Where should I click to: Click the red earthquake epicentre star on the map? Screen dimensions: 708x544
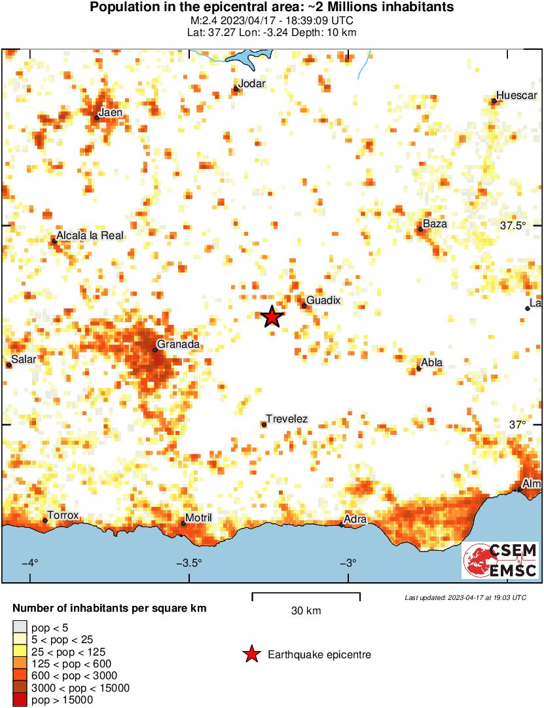[x=272, y=317]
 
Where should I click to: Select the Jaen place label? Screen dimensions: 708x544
[x=111, y=112]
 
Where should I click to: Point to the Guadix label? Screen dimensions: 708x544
[x=323, y=300]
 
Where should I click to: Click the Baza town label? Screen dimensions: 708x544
[x=435, y=224]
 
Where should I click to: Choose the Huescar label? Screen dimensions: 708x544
[x=517, y=95]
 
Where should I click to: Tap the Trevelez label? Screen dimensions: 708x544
[x=287, y=419]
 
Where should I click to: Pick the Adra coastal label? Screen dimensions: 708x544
[x=355, y=520]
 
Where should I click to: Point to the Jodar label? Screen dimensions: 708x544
[x=252, y=83]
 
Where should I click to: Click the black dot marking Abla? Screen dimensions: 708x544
[x=419, y=368]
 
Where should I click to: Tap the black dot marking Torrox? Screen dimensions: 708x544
[x=45, y=521]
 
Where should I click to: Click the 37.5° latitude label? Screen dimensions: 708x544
[x=513, y=225]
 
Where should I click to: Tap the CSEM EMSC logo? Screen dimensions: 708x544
[x=500, y=560]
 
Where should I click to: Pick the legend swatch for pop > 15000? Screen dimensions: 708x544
[x=20, y=700]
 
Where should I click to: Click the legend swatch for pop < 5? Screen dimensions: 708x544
[x=20, y=628]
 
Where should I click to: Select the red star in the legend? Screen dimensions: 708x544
[x=251, y=654]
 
